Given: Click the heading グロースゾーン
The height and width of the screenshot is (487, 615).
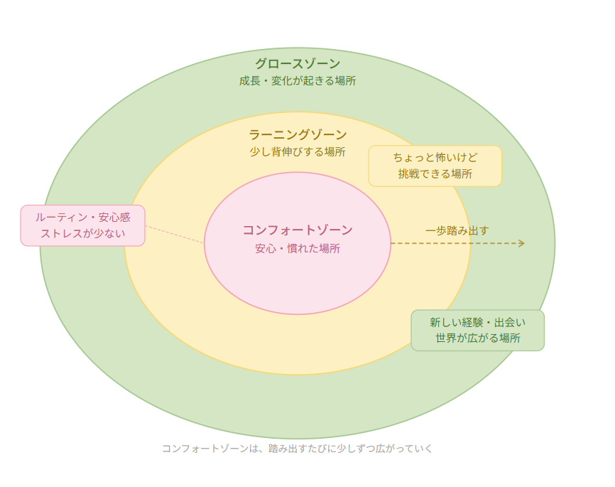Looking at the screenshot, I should point(298,64).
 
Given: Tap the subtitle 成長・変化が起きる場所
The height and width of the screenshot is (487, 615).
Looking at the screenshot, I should point(298,81).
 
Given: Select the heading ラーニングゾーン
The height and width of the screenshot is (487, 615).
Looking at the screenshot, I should point(298,134).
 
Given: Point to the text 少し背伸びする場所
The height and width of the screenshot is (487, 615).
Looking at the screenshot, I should point(298,151).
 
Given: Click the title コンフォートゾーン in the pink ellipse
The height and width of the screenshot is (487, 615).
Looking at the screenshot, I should point(298,230).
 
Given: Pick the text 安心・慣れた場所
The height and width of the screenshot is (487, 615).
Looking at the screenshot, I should point(298,249).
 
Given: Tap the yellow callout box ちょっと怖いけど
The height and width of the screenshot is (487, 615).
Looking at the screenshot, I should point(435,166).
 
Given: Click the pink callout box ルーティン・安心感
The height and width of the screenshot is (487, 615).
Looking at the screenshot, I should point(82,225).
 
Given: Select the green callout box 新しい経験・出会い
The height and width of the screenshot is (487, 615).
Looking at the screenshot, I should point(477,330).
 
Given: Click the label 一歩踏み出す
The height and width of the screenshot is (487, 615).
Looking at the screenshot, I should point(457,230).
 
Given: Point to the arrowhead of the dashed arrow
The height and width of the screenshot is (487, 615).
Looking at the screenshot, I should point(521,243).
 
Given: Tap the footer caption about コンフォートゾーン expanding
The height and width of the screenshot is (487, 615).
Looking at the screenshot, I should point(298,449).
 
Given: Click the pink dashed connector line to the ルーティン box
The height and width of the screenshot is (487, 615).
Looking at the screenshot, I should point(174,235).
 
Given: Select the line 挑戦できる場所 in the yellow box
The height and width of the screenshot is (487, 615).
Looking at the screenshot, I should point(435,174).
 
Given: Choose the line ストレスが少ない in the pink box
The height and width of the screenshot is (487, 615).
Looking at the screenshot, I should point(82,233).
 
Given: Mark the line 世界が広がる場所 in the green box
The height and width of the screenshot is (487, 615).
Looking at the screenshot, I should point(477,338).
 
